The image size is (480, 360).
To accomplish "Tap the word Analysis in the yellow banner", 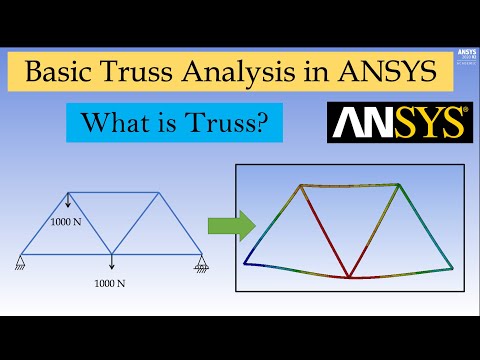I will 254,73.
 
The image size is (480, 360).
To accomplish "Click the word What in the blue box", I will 119,125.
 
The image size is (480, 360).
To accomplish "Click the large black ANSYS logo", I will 399,123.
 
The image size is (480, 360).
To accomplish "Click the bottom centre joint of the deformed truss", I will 348,277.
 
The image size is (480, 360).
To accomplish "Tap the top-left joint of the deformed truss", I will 301,186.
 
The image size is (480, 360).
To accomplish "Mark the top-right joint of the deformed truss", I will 400,185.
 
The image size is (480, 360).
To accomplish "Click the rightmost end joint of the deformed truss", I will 452,267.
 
